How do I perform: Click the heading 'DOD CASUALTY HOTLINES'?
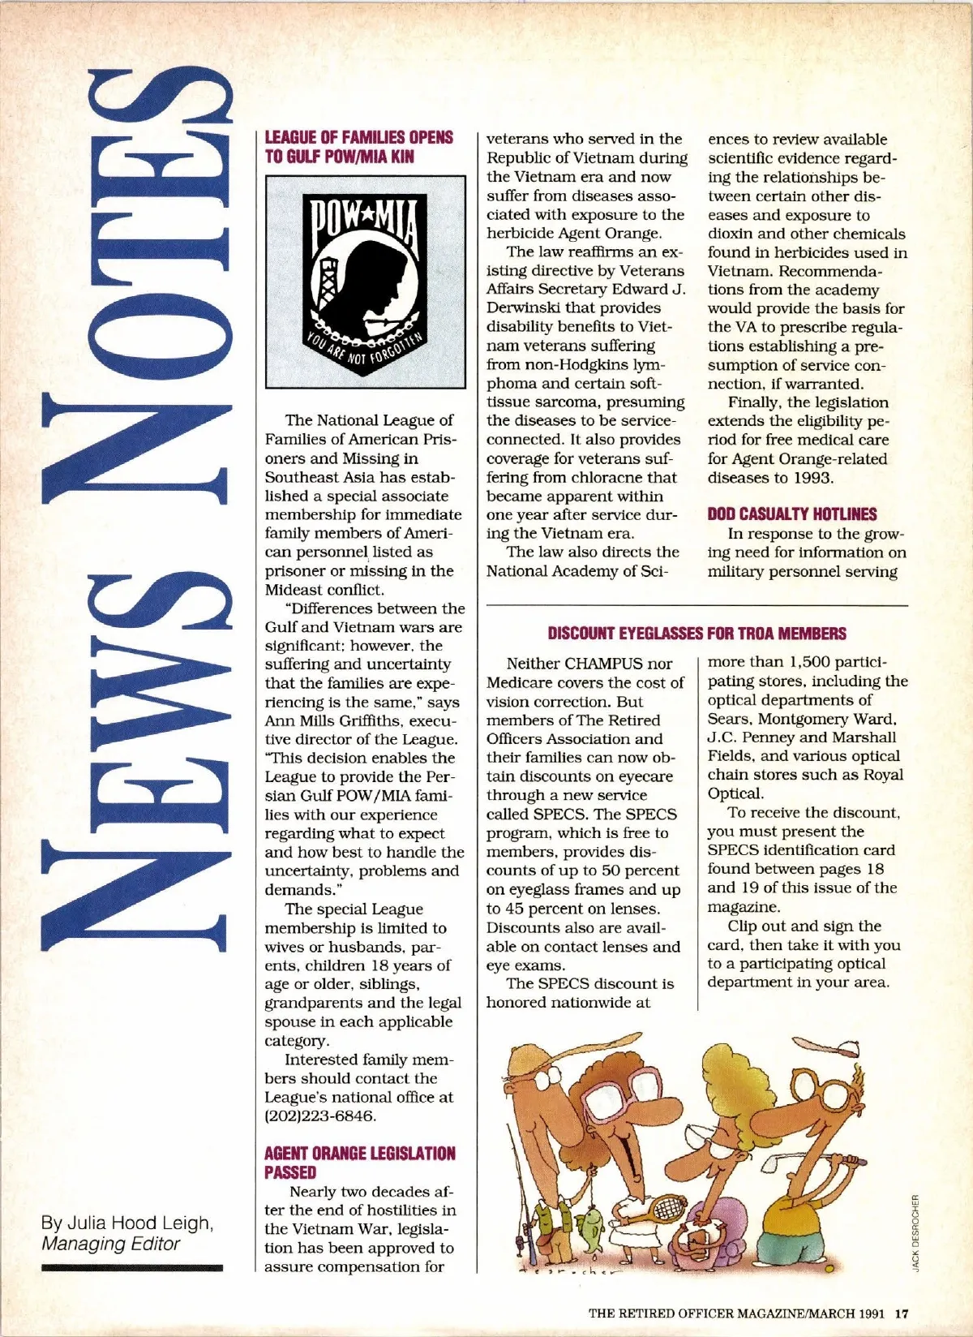coord(791,514)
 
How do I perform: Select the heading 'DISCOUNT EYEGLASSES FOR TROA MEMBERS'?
coord(697,634)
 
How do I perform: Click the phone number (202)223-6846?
coord(321,1116)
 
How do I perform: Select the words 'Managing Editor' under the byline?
coord(111,1244)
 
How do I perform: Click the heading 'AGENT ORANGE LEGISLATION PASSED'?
coord(359,1163)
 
